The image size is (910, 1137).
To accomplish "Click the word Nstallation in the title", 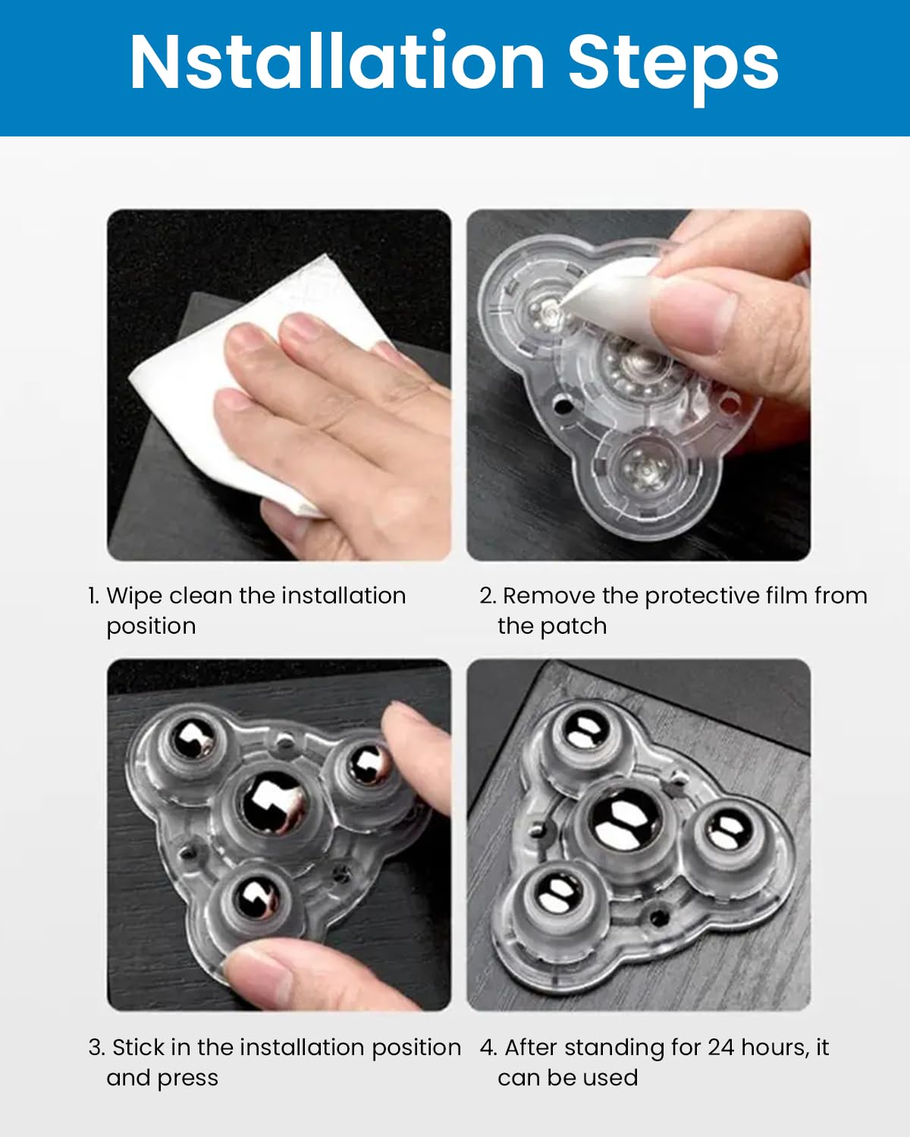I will coord(337,62).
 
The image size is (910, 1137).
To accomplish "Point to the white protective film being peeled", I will coord(614,288).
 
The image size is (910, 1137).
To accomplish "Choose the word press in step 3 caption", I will coord(190,1079).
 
